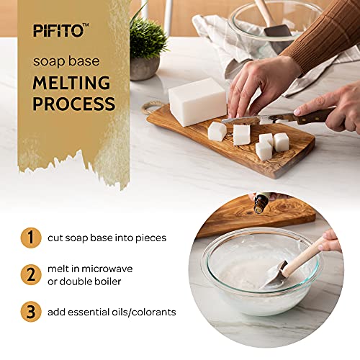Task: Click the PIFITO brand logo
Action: click(x=60, y=30)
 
